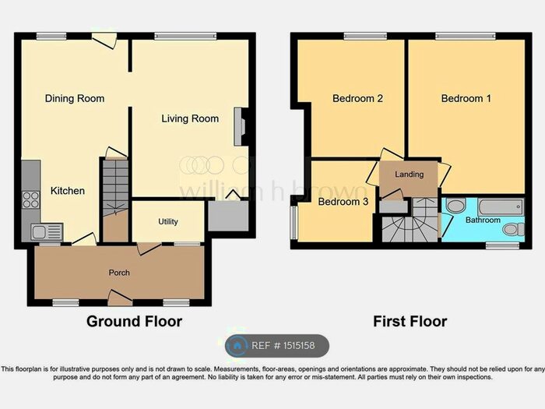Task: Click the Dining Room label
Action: pos(74,98)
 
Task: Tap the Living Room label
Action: pos(190,118)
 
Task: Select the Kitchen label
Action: pos(68,191)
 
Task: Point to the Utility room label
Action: pos(168,222)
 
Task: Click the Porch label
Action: pos(119,273)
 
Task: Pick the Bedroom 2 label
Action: pos(357,98)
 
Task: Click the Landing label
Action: pos(409,175)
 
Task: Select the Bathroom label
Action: pos(483,220)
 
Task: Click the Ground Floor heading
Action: pos(134,321)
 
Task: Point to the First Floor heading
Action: pos(410,321)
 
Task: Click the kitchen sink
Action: pos(44,231)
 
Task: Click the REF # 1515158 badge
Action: pos(277,346)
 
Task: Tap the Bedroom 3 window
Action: pos(294,223)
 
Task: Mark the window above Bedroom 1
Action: pos(465,35)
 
